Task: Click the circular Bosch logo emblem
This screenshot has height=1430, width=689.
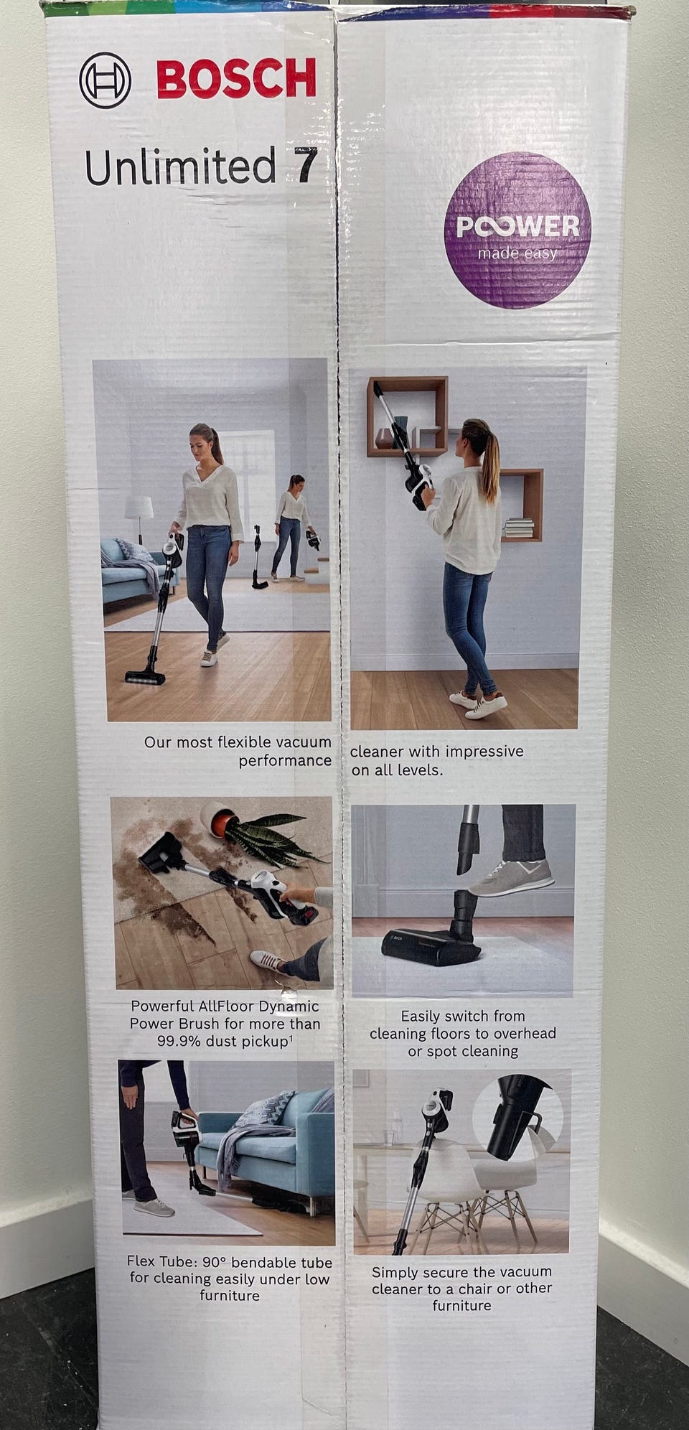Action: pos(105,80)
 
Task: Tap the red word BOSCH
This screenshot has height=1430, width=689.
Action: pos(236,79)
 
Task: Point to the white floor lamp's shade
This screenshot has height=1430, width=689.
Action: pos(139,507)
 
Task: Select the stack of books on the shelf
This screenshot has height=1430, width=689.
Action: pos(519,528)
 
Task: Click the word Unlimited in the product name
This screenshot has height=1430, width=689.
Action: pos(180,166)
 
